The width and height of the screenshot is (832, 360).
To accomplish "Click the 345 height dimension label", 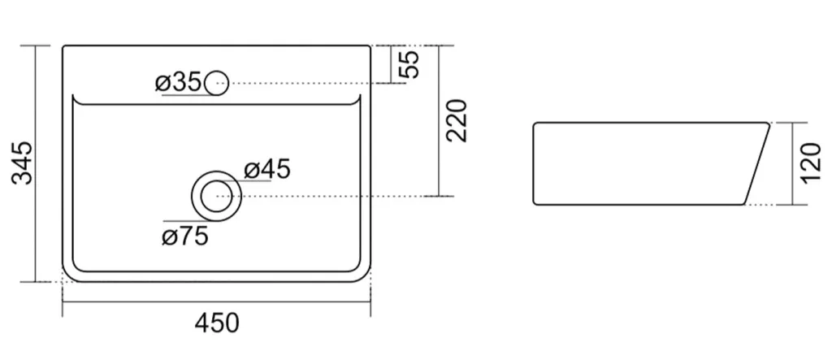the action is [x=23, y=163].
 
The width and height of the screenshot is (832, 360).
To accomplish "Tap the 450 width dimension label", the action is [x=217, y=323].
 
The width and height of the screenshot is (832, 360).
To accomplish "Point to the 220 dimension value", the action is [x=457, y=120].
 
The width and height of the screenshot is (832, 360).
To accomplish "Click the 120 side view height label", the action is [x=810, y=163].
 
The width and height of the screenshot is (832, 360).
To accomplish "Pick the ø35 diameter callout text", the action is [x=178, y=83].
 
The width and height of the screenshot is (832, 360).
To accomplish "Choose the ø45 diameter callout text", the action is [x=266, y=169].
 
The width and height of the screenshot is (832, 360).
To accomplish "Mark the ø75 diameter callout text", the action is [x=184, y=236].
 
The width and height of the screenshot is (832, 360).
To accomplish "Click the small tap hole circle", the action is [x=216, y=84].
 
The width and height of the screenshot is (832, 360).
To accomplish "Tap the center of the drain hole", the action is [x=216, y=197].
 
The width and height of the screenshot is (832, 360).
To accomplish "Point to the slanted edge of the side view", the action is [x=757, y=163].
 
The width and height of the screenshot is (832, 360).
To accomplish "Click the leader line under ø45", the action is [x=249, y=181].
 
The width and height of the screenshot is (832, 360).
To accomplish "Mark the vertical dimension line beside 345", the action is [x=36, y=163].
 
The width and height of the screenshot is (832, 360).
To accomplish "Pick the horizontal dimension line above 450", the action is [x=216, y=302].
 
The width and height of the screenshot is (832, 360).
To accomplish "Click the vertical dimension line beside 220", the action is [x=439, y=121].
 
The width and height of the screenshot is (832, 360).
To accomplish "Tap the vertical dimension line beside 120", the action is [x=792, y=163].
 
